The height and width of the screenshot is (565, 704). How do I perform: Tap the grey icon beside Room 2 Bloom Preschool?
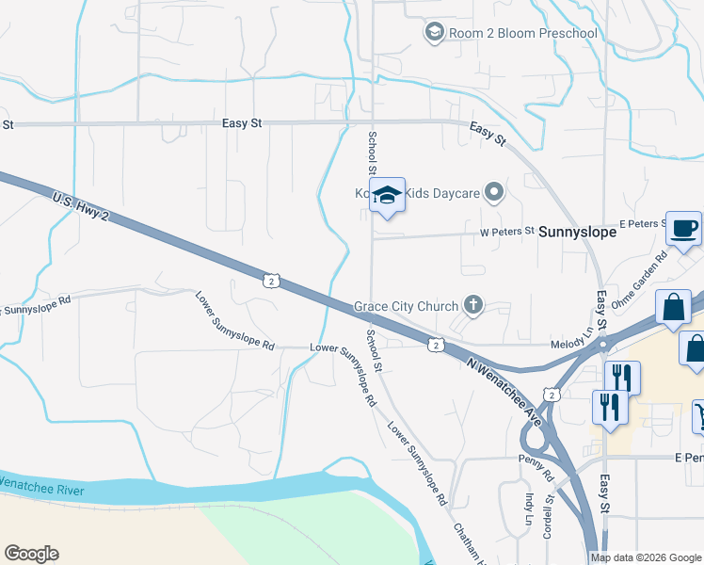pos(434,34)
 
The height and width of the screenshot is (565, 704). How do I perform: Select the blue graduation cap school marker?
pos(387,195)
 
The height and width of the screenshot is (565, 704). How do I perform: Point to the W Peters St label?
pos(506,231)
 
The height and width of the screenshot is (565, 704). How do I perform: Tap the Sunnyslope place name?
pos(576,231)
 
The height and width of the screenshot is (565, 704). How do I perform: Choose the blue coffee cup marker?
pos(683,227)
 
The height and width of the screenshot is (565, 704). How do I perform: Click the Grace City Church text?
pos(406,306)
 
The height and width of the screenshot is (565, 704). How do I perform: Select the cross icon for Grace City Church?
pos(472,305)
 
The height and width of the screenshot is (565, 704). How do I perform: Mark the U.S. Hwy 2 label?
pos(82,204)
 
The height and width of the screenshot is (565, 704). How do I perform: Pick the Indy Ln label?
pos(527,509)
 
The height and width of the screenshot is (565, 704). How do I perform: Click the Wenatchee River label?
pos(41,487)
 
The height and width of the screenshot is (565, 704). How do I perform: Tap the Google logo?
pos(31,554)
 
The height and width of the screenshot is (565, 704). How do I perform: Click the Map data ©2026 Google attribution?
pos(646,557)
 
